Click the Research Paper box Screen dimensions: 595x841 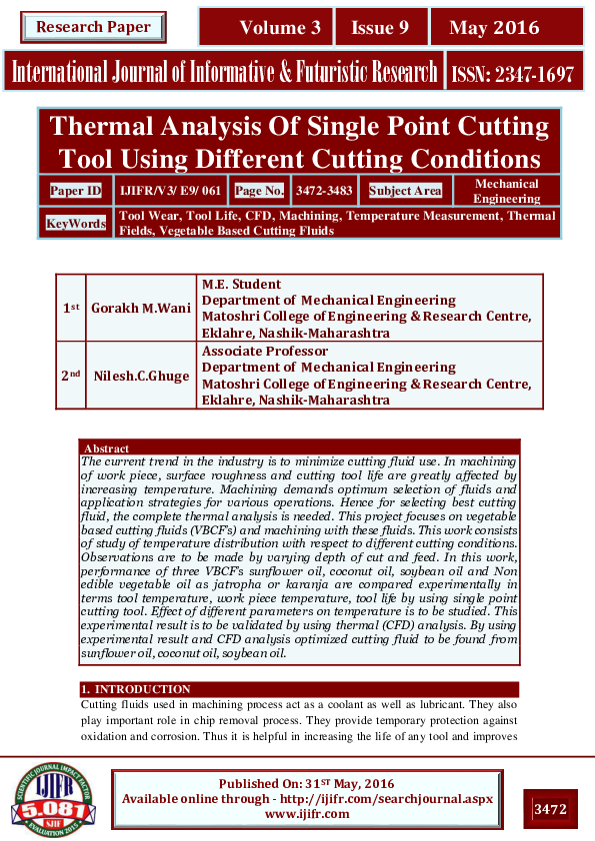click(93, 27)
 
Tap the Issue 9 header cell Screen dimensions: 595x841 click(380, 28)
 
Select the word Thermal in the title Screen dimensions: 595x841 click(103, 127)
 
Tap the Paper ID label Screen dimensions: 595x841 click(75, 190)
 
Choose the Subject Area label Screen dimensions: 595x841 click(405, 190)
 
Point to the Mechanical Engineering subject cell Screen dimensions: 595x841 click(506, 191)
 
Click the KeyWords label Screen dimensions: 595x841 click(75, 224)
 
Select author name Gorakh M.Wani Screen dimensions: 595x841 click(142, 308)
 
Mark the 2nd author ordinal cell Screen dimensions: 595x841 click(70, 375)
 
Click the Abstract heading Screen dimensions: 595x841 click(108, 448)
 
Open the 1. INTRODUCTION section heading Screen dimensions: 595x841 click(136, 689)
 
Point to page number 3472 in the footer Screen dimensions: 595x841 click(551, 808)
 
